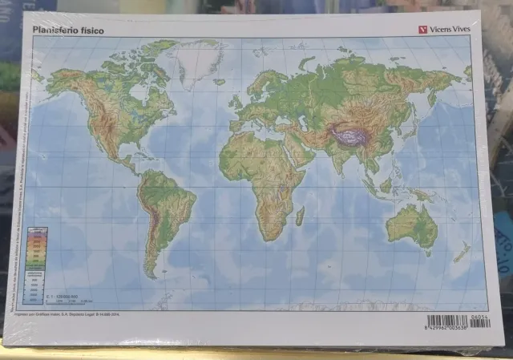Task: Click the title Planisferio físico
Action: click(68, 31)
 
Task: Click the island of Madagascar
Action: click(300, 216)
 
